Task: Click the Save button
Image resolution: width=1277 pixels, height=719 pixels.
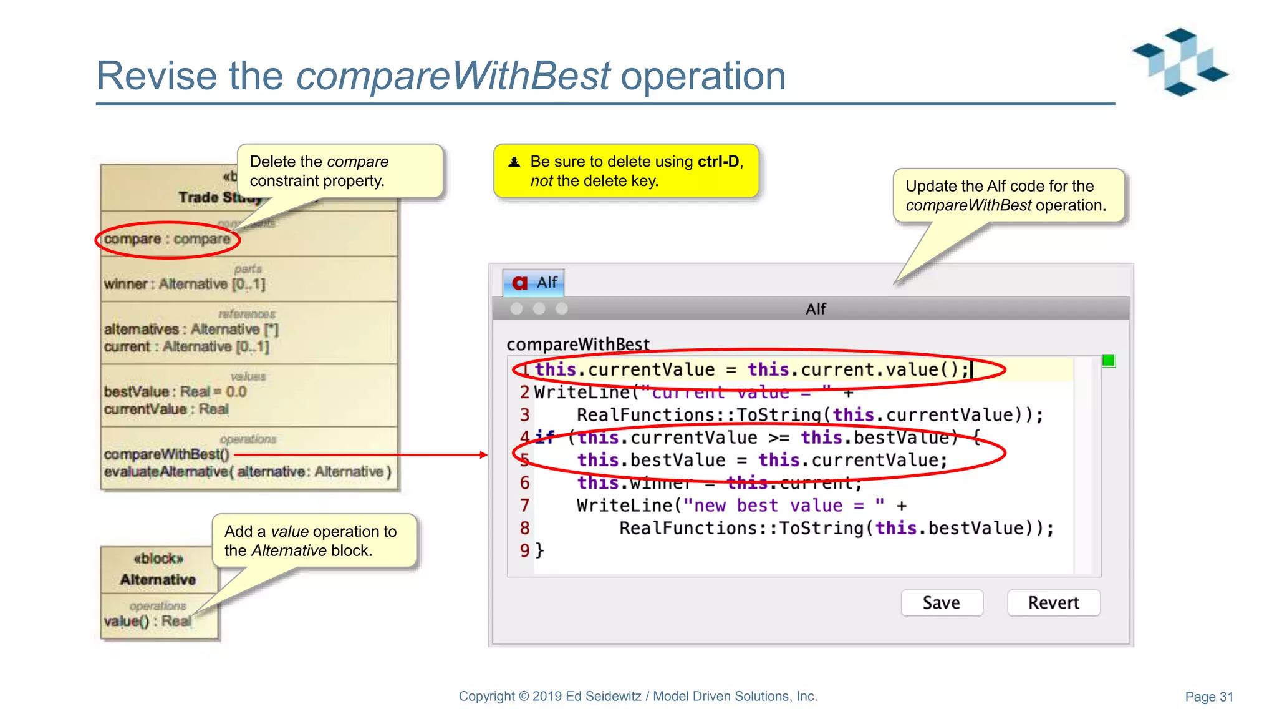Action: click(942, 603)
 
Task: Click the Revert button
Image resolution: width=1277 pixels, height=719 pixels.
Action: click(1053, 603)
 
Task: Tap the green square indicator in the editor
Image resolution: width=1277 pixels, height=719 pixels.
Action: click(1108, 360)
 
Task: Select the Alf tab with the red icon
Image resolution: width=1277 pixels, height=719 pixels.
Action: click(534, 283)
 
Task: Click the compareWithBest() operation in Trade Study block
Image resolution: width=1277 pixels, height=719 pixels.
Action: click(166, 454)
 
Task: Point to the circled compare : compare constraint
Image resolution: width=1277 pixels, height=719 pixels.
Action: click(167, 239)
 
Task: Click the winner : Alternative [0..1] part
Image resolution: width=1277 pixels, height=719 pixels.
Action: click(185, 284)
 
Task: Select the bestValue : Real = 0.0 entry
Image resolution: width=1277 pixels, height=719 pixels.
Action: click(175, 392)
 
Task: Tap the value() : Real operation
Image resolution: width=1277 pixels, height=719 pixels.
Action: click(147, 621)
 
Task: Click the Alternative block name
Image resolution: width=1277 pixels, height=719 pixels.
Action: click(158, 580)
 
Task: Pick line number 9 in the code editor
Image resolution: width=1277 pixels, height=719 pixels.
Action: click(524, 550)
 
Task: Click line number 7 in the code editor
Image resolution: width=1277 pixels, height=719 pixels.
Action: click(524, 506)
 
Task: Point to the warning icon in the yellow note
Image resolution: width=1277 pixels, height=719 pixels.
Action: click(514, 162)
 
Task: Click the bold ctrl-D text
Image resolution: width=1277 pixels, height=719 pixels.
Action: click(718, 162)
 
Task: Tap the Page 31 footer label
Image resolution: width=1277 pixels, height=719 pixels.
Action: click(1208, 697)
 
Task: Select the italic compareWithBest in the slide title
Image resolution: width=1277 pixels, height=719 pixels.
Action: click(453, 76)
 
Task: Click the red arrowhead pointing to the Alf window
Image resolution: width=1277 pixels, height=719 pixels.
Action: click(484, 455)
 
